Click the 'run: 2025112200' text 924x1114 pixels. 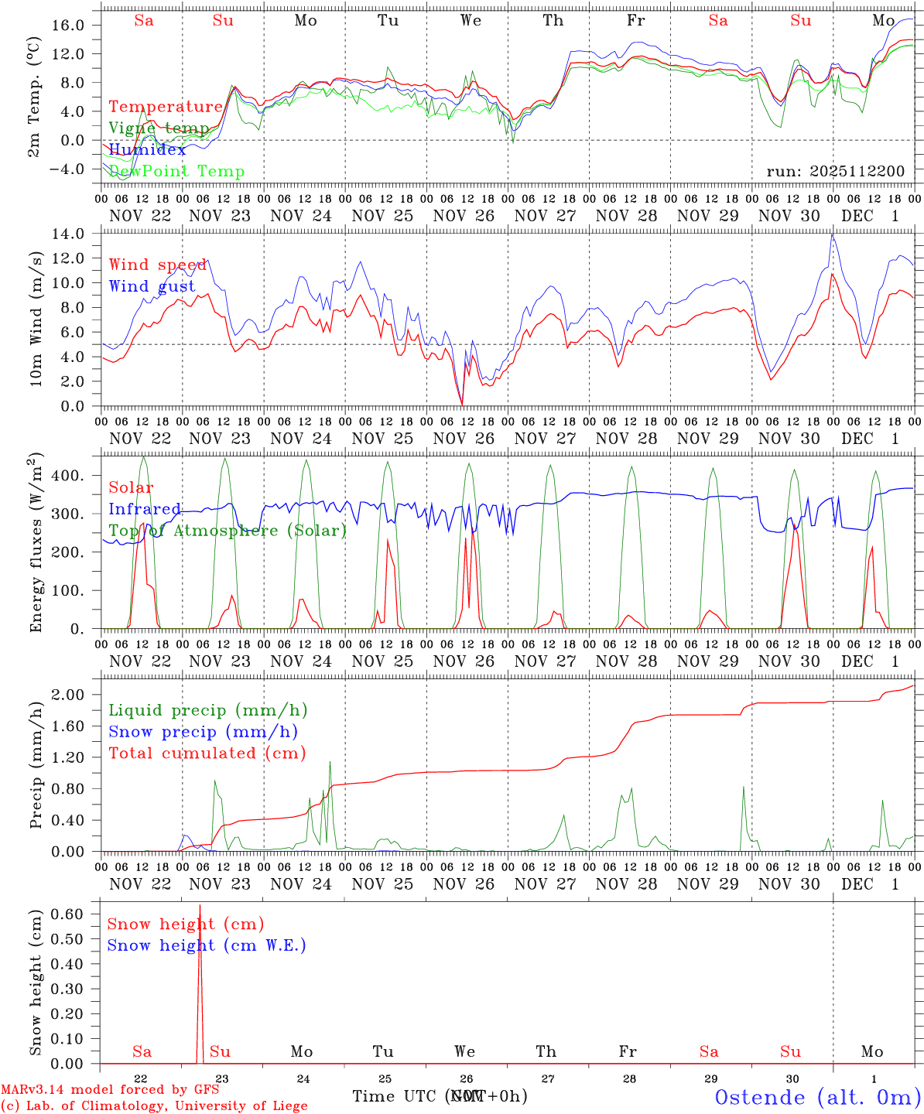tap(836, 171)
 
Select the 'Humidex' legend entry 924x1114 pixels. tap(147, 150)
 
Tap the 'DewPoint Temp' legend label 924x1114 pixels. tap(176, 172)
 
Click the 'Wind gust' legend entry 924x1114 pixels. tap(152, 286)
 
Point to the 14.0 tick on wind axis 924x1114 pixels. tap(77, 234)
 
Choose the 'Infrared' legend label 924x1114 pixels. tap(145, 509)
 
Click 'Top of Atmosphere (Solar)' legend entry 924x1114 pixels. tap(228, 531)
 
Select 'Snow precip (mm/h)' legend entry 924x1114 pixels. tap(204, 732)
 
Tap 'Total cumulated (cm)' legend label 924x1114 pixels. tap(207, 753)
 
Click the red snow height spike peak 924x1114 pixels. tap(200, 905)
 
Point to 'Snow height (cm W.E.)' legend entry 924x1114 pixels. tap(207, 945)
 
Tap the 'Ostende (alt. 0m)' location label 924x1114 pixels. tap(818, 1097)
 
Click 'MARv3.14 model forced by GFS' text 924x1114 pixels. tap(110, 1089)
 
